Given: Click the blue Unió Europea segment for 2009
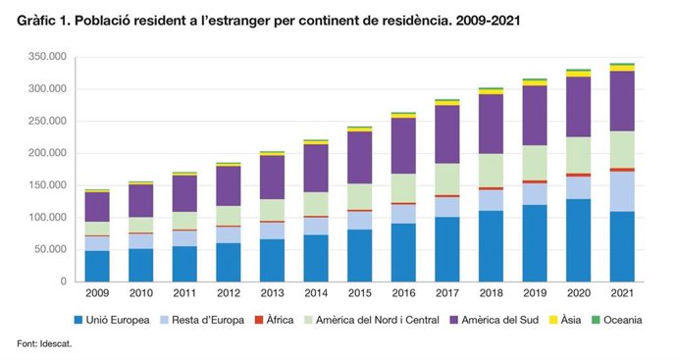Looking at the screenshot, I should [x=97, y=266].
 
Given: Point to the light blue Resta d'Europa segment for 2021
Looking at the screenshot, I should [x=622, y=191].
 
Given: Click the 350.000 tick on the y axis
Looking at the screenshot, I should [x=46, y=57].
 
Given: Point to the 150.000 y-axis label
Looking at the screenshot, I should [x=46, y=185].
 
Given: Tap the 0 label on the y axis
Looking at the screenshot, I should [x=63, y=282].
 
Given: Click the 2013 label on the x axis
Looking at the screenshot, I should [x=272, y=293].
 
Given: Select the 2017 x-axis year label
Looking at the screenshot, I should [x=446, y=293].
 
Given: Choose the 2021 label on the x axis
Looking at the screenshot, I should [x=622, y=293].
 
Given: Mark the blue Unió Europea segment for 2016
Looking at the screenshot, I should [x=403, y=253].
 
